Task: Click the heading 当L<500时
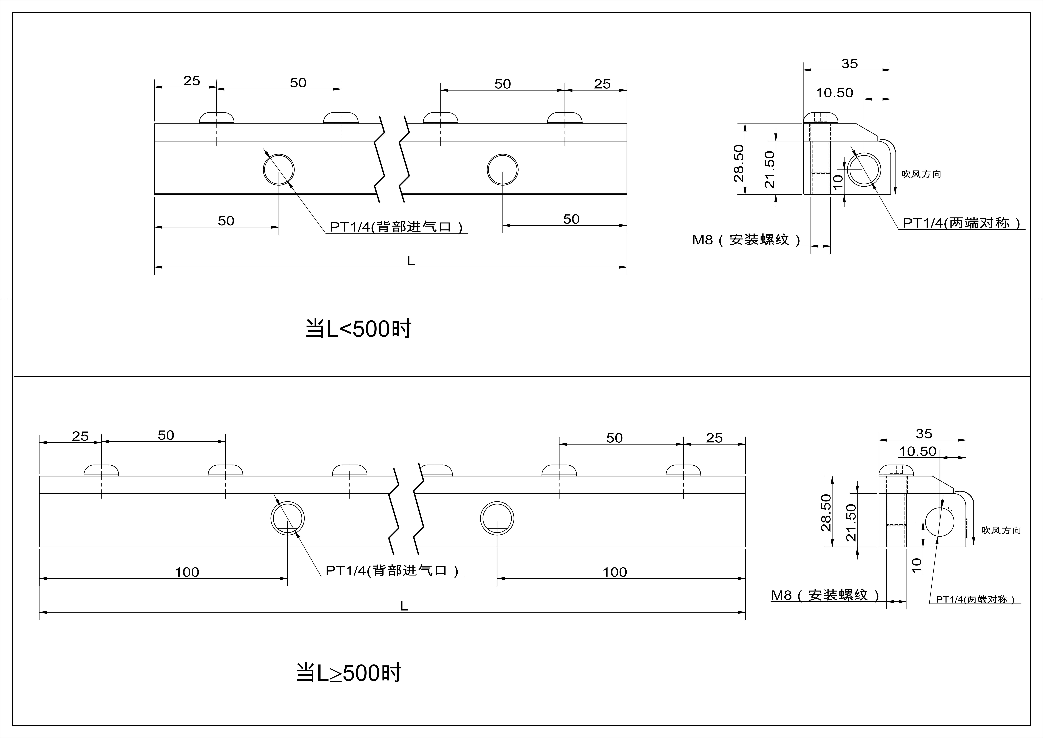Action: [x=358, y=329]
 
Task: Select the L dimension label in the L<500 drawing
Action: [x=411, y=261]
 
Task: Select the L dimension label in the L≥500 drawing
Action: [x=404, y=606]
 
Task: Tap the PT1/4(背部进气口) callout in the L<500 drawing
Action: [x=396, y=227]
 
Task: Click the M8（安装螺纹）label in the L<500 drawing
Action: [x=746, y=239]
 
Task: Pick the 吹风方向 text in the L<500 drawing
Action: [x=921, y=174]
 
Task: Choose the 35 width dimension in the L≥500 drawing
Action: [x=924, y=434]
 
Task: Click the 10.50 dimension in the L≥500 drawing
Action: [x=918, y=451]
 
